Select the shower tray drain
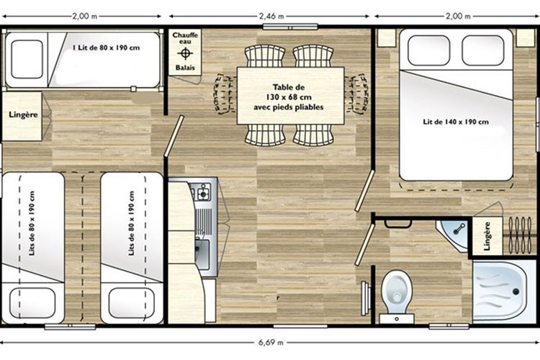(x=516, y=292)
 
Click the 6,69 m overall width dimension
(x=271, y=343)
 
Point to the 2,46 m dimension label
(x=271, y=16)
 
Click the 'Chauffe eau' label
(x=185, y=38)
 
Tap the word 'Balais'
(x=185, y=68)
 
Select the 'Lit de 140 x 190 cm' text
(x=456, y=122)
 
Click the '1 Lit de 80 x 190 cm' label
(x=106, y=48)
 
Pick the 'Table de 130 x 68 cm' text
(x=289, y=92)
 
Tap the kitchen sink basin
(x=202, y=254)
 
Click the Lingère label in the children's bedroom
(x=23, y=114)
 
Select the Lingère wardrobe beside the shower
(x=487, y=236)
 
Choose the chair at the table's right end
(x=357, y=94)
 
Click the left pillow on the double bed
(x=429, y=50)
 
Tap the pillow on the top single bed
(x=27, y=59)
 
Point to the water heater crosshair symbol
(x=185, y=53)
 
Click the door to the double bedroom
(x=365, y=190)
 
